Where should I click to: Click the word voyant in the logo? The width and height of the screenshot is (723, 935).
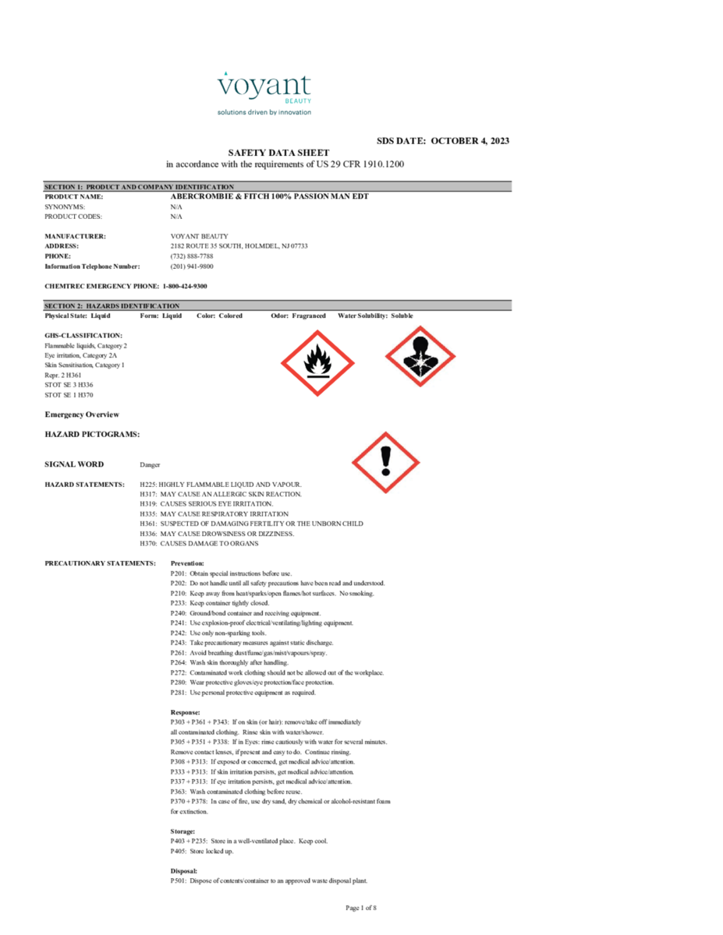264,86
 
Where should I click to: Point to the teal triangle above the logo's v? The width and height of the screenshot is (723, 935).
226,74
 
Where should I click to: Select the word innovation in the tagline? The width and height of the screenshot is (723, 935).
293,112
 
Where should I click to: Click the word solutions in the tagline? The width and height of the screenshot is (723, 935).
231,112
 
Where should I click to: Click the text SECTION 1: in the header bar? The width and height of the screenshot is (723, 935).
63,187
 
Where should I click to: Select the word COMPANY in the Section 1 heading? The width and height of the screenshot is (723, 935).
155,187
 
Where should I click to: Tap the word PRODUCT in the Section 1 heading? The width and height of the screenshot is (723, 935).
104,187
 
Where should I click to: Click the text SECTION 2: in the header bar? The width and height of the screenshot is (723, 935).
63,306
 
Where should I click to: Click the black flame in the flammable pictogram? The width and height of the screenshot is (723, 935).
317,359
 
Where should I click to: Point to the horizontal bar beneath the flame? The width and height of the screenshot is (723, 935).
317,376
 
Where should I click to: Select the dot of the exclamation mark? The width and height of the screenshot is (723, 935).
385,472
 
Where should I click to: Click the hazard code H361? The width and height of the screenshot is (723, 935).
148,524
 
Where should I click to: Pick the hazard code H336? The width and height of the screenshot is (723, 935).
148,534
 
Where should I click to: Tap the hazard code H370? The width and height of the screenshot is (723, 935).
148,543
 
